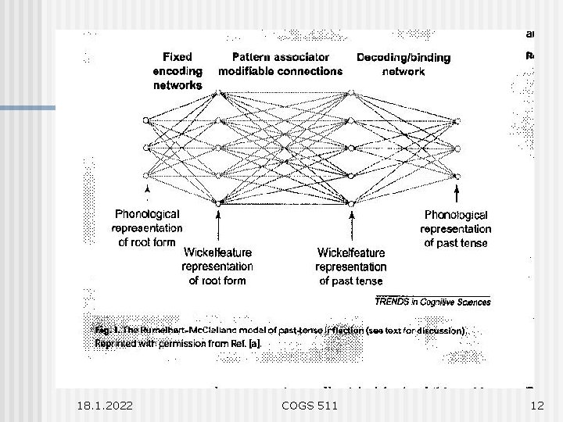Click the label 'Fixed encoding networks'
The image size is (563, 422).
tap(178, 70)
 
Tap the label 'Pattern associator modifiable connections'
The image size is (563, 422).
tap(280, 64)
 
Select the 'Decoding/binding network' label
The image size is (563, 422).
tap(403, 64)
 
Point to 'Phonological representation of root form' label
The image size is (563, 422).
tap(147, 227)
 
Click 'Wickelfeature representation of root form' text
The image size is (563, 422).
tap(217, 266)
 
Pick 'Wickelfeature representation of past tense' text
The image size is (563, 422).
tap(351, 266)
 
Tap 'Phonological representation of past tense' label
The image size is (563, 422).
tap(455, 228)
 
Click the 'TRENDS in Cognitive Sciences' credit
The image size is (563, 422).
tap(432, 301)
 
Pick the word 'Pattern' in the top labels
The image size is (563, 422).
tap(253, 57)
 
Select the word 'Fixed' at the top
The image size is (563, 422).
tap(178, 57)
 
